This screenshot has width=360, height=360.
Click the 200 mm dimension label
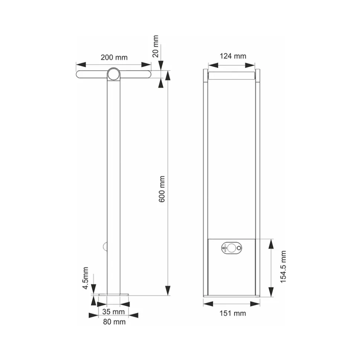pos(114,57)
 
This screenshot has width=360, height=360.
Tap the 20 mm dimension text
pos(156,46)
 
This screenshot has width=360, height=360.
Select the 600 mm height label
pos(162,189)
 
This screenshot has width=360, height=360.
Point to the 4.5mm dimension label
pos(85,278)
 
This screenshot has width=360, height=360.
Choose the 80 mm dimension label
pos(114,322)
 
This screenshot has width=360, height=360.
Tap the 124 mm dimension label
pos(233,56)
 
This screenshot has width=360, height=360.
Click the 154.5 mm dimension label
pos(283,267)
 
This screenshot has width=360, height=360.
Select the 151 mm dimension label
pos(233,313)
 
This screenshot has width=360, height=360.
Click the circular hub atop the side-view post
pos(114,75)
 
